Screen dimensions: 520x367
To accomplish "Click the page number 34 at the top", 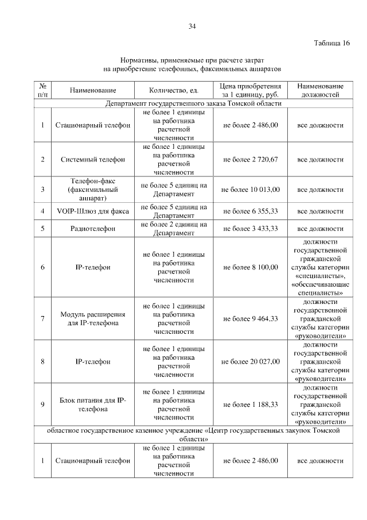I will (x=193, y=26).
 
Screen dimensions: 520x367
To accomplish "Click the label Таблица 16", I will (x=331, y=43).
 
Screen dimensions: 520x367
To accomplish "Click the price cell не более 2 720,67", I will (x=251, y=159).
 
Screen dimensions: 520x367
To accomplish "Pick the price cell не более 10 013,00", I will (x=251, y=189).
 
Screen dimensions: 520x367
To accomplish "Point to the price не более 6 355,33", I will (x=251, y=211).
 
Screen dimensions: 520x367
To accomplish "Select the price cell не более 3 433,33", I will (x=251, y=229).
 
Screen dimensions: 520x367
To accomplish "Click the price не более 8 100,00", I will (x=251, y=267).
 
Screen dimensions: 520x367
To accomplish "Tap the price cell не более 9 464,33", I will (x=251, y=319).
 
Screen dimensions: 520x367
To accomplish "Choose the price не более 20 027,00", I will (x=251, y=361).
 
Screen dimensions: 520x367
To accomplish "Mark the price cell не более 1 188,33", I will (x=251, y=405).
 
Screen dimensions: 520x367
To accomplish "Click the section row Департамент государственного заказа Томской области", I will (x=193, y=104).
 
